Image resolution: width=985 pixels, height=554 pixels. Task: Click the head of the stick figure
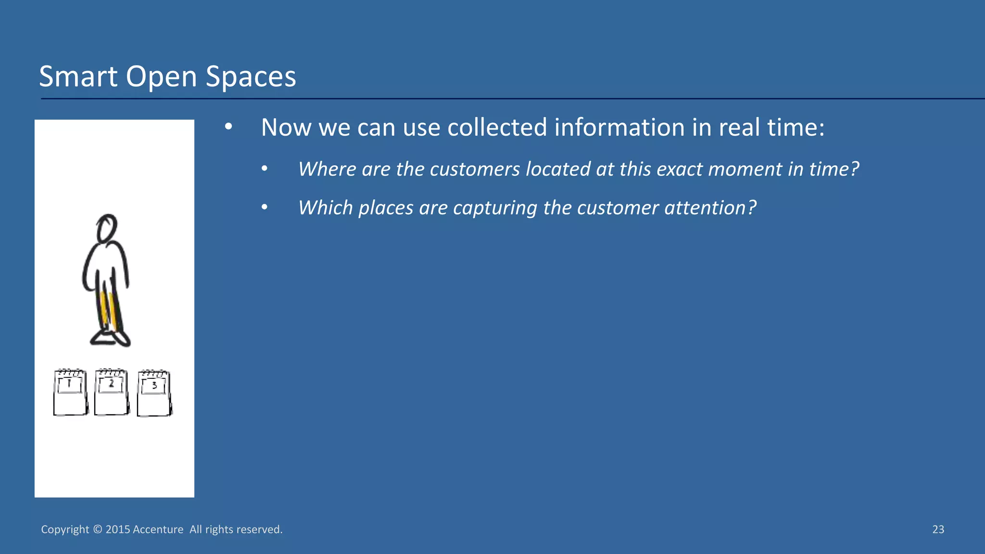[x=107, y=228]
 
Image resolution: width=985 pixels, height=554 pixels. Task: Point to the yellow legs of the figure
[x=108, y=310]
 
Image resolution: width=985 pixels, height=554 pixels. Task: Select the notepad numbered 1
[x=70, y=392]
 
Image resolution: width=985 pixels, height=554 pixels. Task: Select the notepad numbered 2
[x=112, y=392]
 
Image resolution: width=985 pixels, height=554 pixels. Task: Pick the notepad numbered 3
[x=154, y=393]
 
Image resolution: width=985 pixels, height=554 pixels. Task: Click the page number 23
[x=938, y=529]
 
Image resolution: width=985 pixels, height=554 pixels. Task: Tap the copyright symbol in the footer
[x=97, y=529]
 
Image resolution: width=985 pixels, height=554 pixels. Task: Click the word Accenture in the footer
[x=158, y=529]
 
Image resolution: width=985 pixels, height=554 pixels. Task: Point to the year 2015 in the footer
[x=118, y=529]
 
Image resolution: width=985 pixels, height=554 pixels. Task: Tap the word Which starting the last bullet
[x=326, y=208]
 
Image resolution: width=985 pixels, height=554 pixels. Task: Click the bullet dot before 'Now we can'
[x=228, y=127]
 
